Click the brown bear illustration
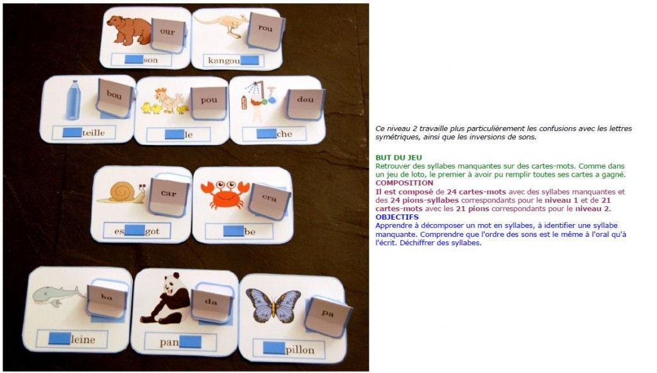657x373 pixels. (x=129, y=30)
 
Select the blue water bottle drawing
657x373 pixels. (x=73, y=100)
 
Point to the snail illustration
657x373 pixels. (x=121, y=193)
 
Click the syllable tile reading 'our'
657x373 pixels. (x=167, y=35)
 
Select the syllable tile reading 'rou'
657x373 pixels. (x=266, y=30)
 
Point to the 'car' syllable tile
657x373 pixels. (x=169, y=197)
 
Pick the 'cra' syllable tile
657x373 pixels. (x=269, y=200)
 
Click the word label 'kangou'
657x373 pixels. (x=224, y=60)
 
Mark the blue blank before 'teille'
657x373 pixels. (x=72, y=132)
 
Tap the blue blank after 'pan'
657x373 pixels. (x=190, y=342)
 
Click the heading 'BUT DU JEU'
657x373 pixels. (x=398, y=157)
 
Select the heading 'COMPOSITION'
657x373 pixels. (x=404, y=183)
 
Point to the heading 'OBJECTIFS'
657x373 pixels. (x=397, y=217)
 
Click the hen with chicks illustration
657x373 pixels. (x=164, y=101)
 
